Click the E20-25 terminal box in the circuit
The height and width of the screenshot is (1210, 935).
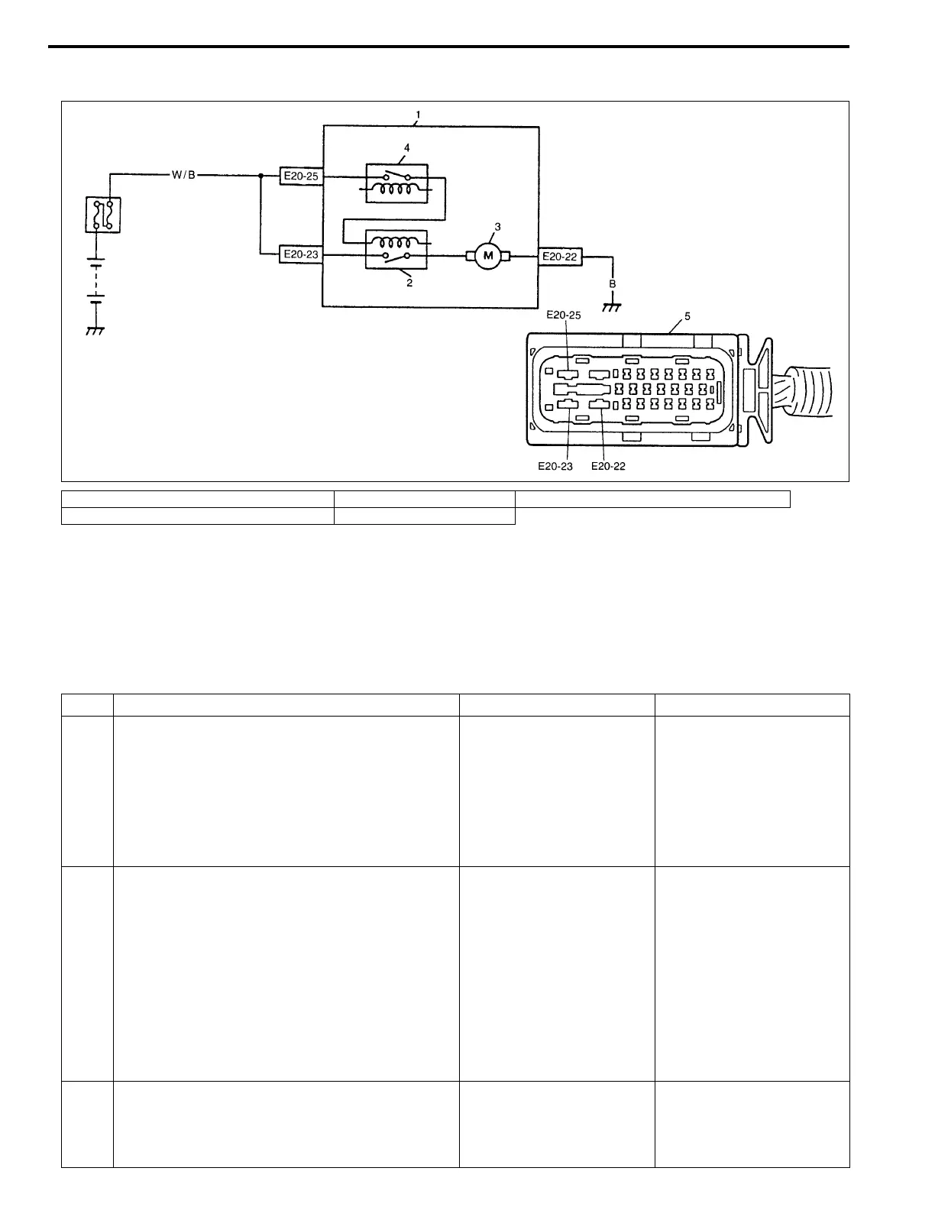pyautogui.click(x=300, y=176)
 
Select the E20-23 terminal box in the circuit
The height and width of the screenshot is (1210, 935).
pyautogui.click(x=300, y=254)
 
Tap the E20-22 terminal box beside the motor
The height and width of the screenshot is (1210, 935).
pyautogui.click(x=560, y=257)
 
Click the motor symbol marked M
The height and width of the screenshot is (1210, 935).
pyautogui.click(x=487, y=256)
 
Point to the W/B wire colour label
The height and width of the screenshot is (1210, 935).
pyautogui.click(x=183, y=175)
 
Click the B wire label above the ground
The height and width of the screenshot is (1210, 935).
pyautogui.click(x=612, y=283)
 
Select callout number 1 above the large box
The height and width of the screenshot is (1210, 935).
pyautogui.click(x=417, y=115)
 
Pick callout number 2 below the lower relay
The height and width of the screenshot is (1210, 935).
pyautogui.click(x=409, y=283)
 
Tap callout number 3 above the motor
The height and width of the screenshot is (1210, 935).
pyautogui.click(x=497, y=227)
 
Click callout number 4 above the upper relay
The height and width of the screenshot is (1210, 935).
pyautogui.click(x=406, y=147)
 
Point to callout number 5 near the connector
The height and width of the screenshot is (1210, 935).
pyautogui.click(x=687, y=315)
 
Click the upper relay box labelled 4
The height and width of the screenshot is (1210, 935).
pyautogui.click(x=396, y=183)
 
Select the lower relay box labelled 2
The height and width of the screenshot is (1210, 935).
pyautogui.click(x=396, y=250)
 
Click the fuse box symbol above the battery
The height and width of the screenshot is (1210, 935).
pyautogui.click(x=103, y=215)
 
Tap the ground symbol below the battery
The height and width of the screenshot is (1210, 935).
pyautogui.click(x=95, y=331)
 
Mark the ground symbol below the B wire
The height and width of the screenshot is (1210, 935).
pyautogui.click(x=611, y=307)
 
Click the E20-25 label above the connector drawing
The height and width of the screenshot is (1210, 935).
pyautogui.click(x=565, y=315)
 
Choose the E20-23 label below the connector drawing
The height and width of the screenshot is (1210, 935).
pyautogui.click(x=555, y=466)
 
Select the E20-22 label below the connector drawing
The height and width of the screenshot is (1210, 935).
pyautogui.click(x=608, y=466)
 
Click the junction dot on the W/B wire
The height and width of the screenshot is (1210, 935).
pyautogui.click(x=261, y=176)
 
